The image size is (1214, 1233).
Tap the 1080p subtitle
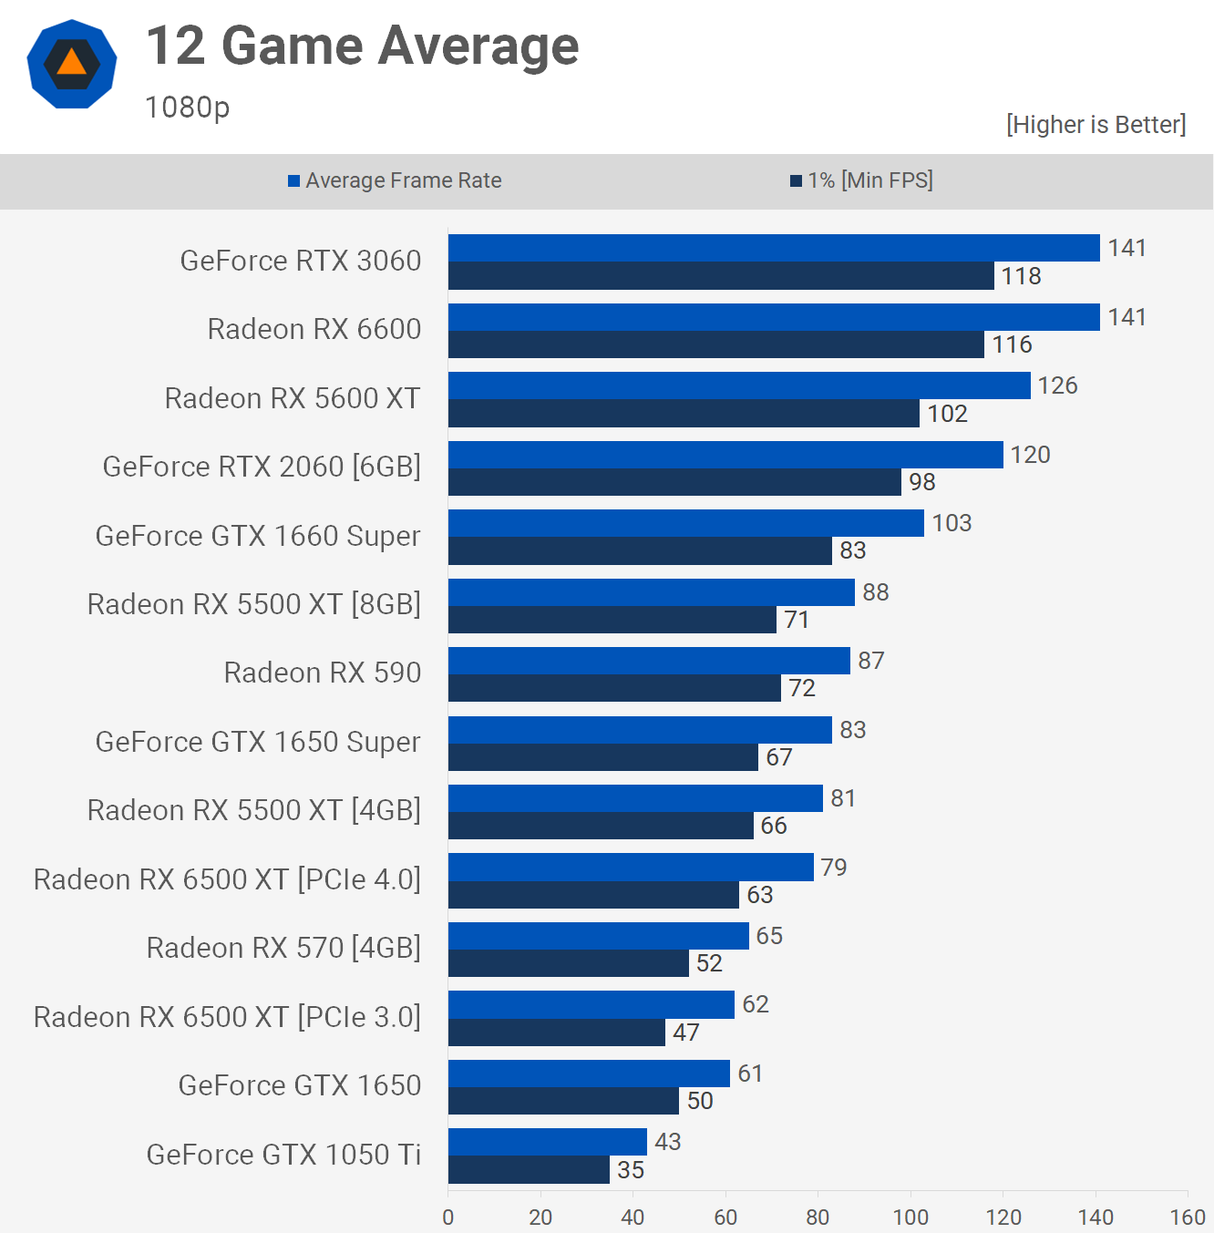tap(187, 108)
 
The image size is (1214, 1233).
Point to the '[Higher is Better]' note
tap(1096, 125)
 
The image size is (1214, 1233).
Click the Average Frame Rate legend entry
tap(395, 180)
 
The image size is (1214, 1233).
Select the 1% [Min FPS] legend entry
tap(861, 180)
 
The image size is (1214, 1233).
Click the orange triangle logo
tap(72, 63)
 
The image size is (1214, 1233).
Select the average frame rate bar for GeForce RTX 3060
tap(774, 248)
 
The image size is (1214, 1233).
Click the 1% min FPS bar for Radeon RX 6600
tap(715, 344)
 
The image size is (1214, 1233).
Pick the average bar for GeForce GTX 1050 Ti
tap(547, 1142)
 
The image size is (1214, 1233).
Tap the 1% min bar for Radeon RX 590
tap(614, 688)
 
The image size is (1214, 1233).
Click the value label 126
tap(1057, 385)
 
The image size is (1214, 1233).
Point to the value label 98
tap(921, 482)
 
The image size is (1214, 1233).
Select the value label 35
tap(631, 1170)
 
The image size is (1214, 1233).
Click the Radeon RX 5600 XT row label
tap(293, 398)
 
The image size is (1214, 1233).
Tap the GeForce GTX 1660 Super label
tap(258, 536)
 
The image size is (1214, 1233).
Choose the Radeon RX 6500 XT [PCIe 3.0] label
tap(227, 1017)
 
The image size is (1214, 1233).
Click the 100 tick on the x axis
tap(910, 1218)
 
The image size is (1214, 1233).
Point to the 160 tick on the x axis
tap(1188, 1218)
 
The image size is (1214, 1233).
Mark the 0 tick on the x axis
tap(448, 1218)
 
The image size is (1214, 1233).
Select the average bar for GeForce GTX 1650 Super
tap(640, 730)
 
